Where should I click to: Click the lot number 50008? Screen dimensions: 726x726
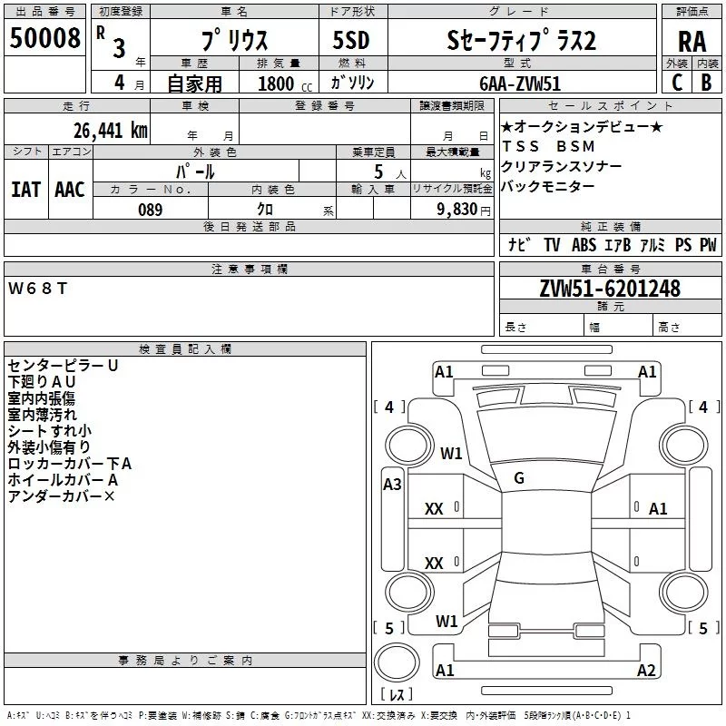[x=44, y=39]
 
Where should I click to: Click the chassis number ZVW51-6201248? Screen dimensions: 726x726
[x=609, y=289]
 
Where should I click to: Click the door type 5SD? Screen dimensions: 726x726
[x=351, y=40]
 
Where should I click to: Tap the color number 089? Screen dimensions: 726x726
[x=150, y=210]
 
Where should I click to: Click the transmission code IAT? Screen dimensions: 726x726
[x=25, y=189]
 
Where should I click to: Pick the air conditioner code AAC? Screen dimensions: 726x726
[x=70, y=189]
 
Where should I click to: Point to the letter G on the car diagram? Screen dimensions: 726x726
[x=519, y=478]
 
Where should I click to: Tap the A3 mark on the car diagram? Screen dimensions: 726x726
[x=392, y=485]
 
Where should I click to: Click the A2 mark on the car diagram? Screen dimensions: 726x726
[x=646, y=671]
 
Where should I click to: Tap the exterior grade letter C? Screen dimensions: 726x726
[x=677, y=83]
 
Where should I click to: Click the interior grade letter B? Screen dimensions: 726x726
[x=706, y=83]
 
